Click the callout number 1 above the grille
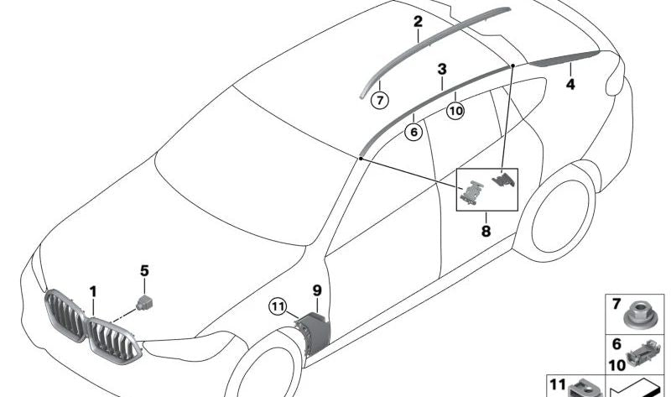coord(93,292)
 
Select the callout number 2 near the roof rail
coord(418,22)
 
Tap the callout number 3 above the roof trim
coord(442,69)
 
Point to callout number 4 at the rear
coord(570,85)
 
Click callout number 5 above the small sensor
coord(144,270)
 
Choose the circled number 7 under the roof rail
coord(380,101)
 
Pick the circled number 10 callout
coord(455,111)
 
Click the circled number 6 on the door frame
coord(414,132)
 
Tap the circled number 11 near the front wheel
coord(278,306)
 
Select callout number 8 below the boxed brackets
coord(486,232)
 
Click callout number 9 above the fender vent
coord(317,290)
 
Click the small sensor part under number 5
coord(144,302)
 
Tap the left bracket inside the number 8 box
coord(471,191)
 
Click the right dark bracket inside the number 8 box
coord(503,179)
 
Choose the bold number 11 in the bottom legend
coord(558,384)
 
